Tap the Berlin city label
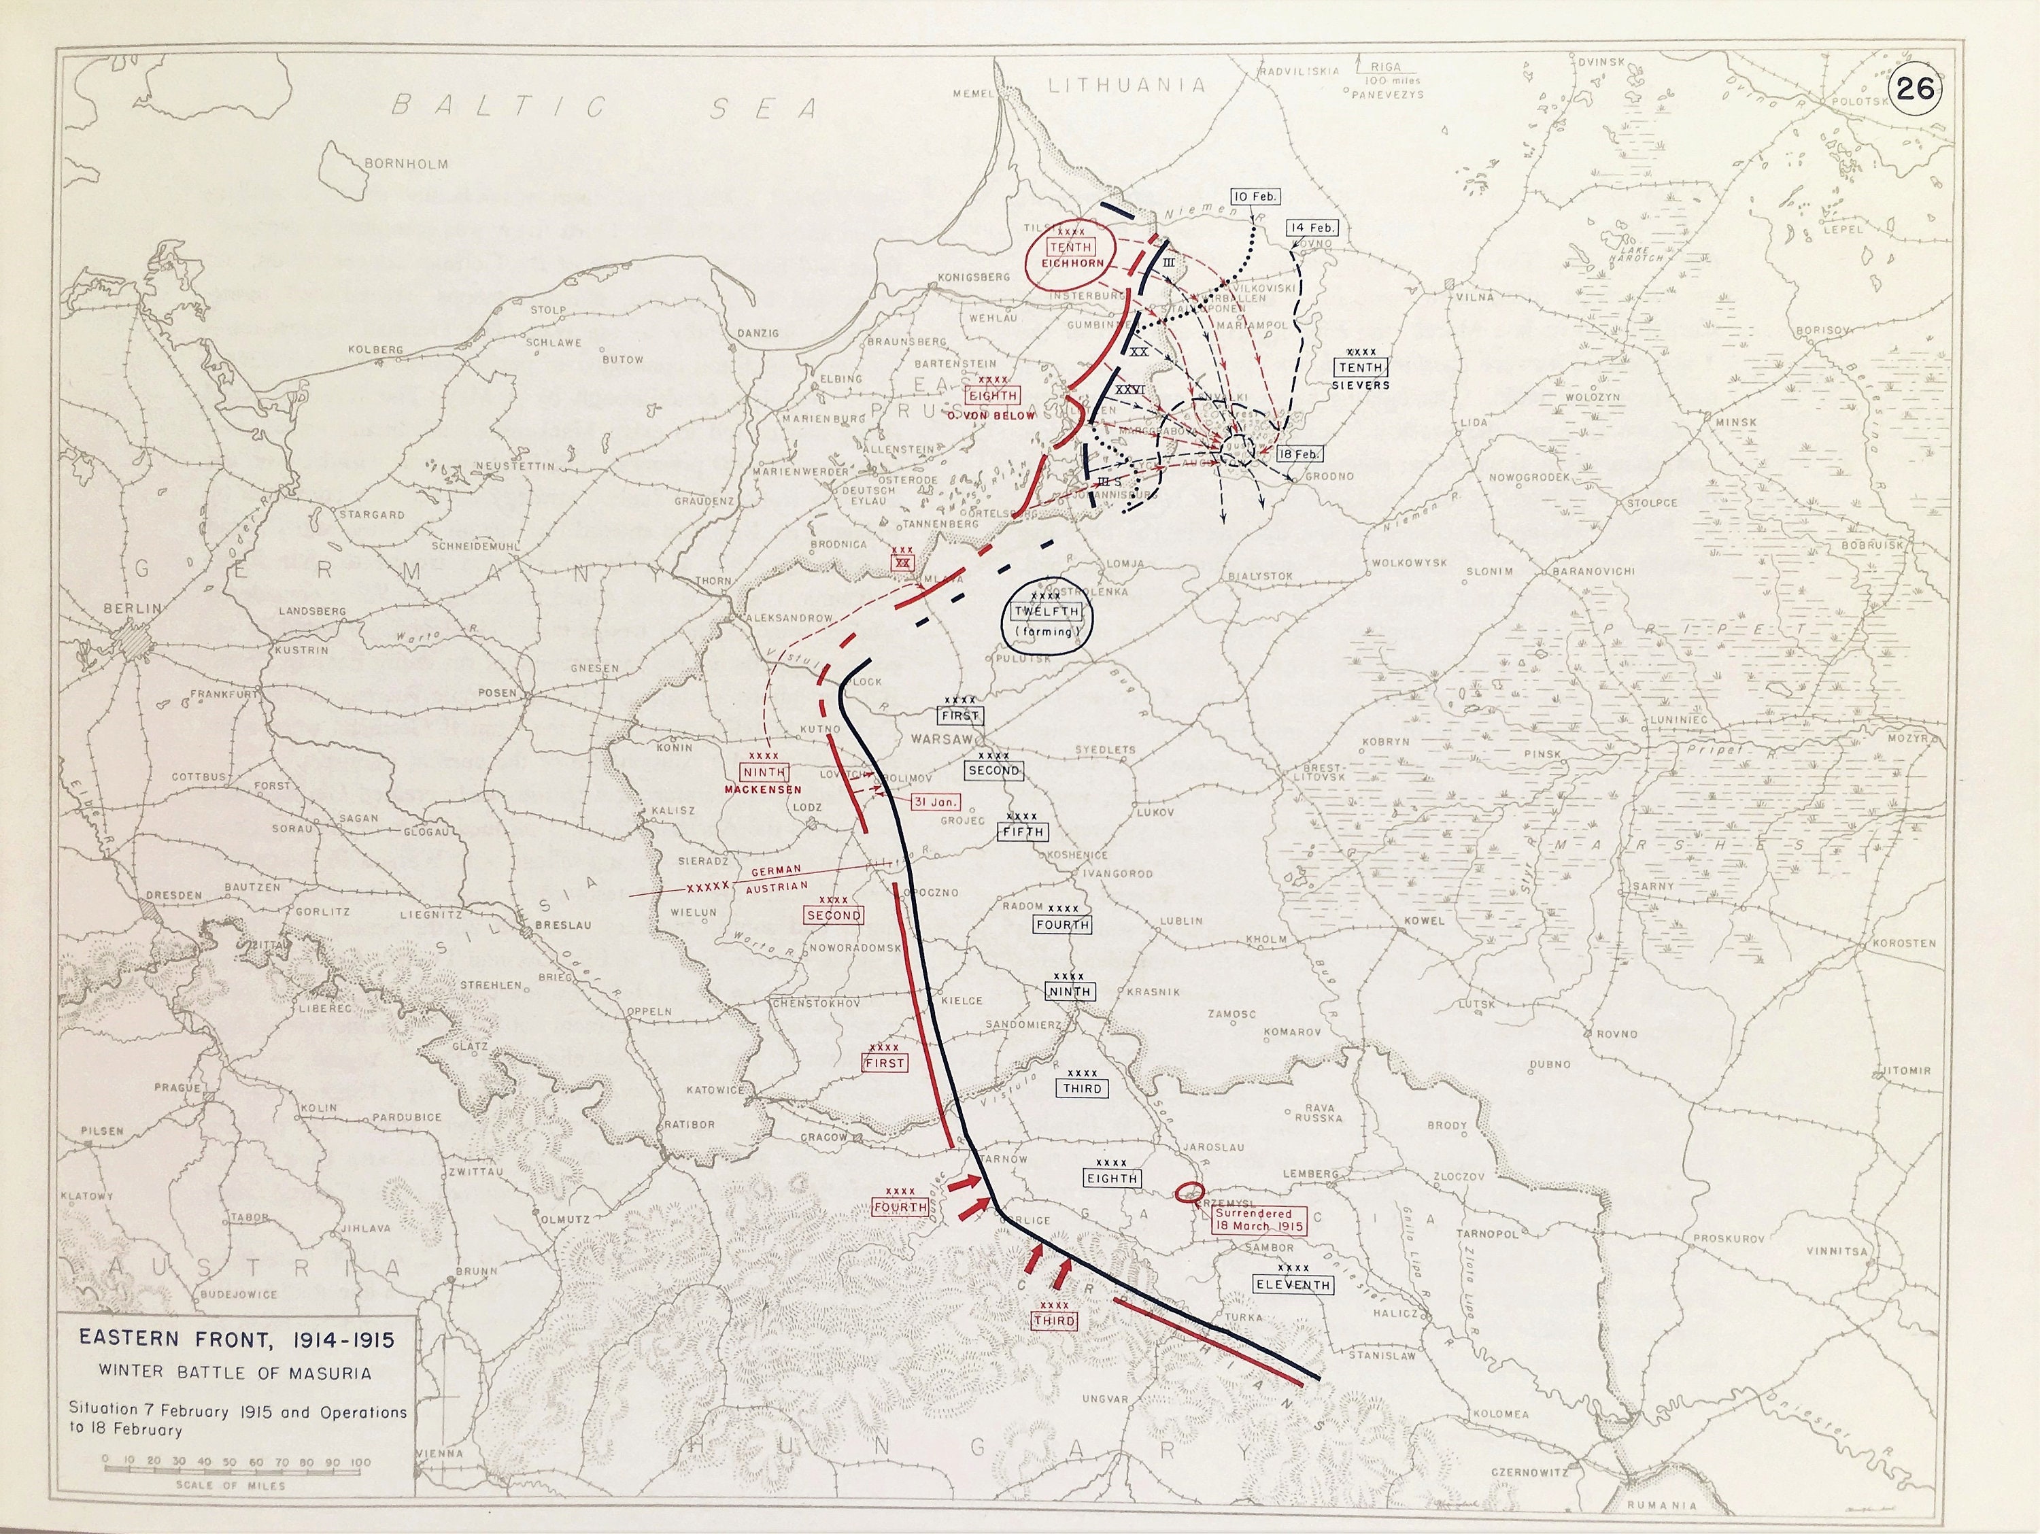point(131,609)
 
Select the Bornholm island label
point(406,164)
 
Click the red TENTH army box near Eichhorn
point(1070,248)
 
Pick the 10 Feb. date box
point(1254,197)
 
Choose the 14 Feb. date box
point(1312,228)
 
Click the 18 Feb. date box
point(1300,454)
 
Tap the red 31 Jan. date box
point(935,802)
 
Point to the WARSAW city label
point(940,739)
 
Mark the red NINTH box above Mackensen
point(764,772)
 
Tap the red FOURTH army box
point(900,1206)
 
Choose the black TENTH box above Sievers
point(1360,367)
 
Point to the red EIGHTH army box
point(992,395)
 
